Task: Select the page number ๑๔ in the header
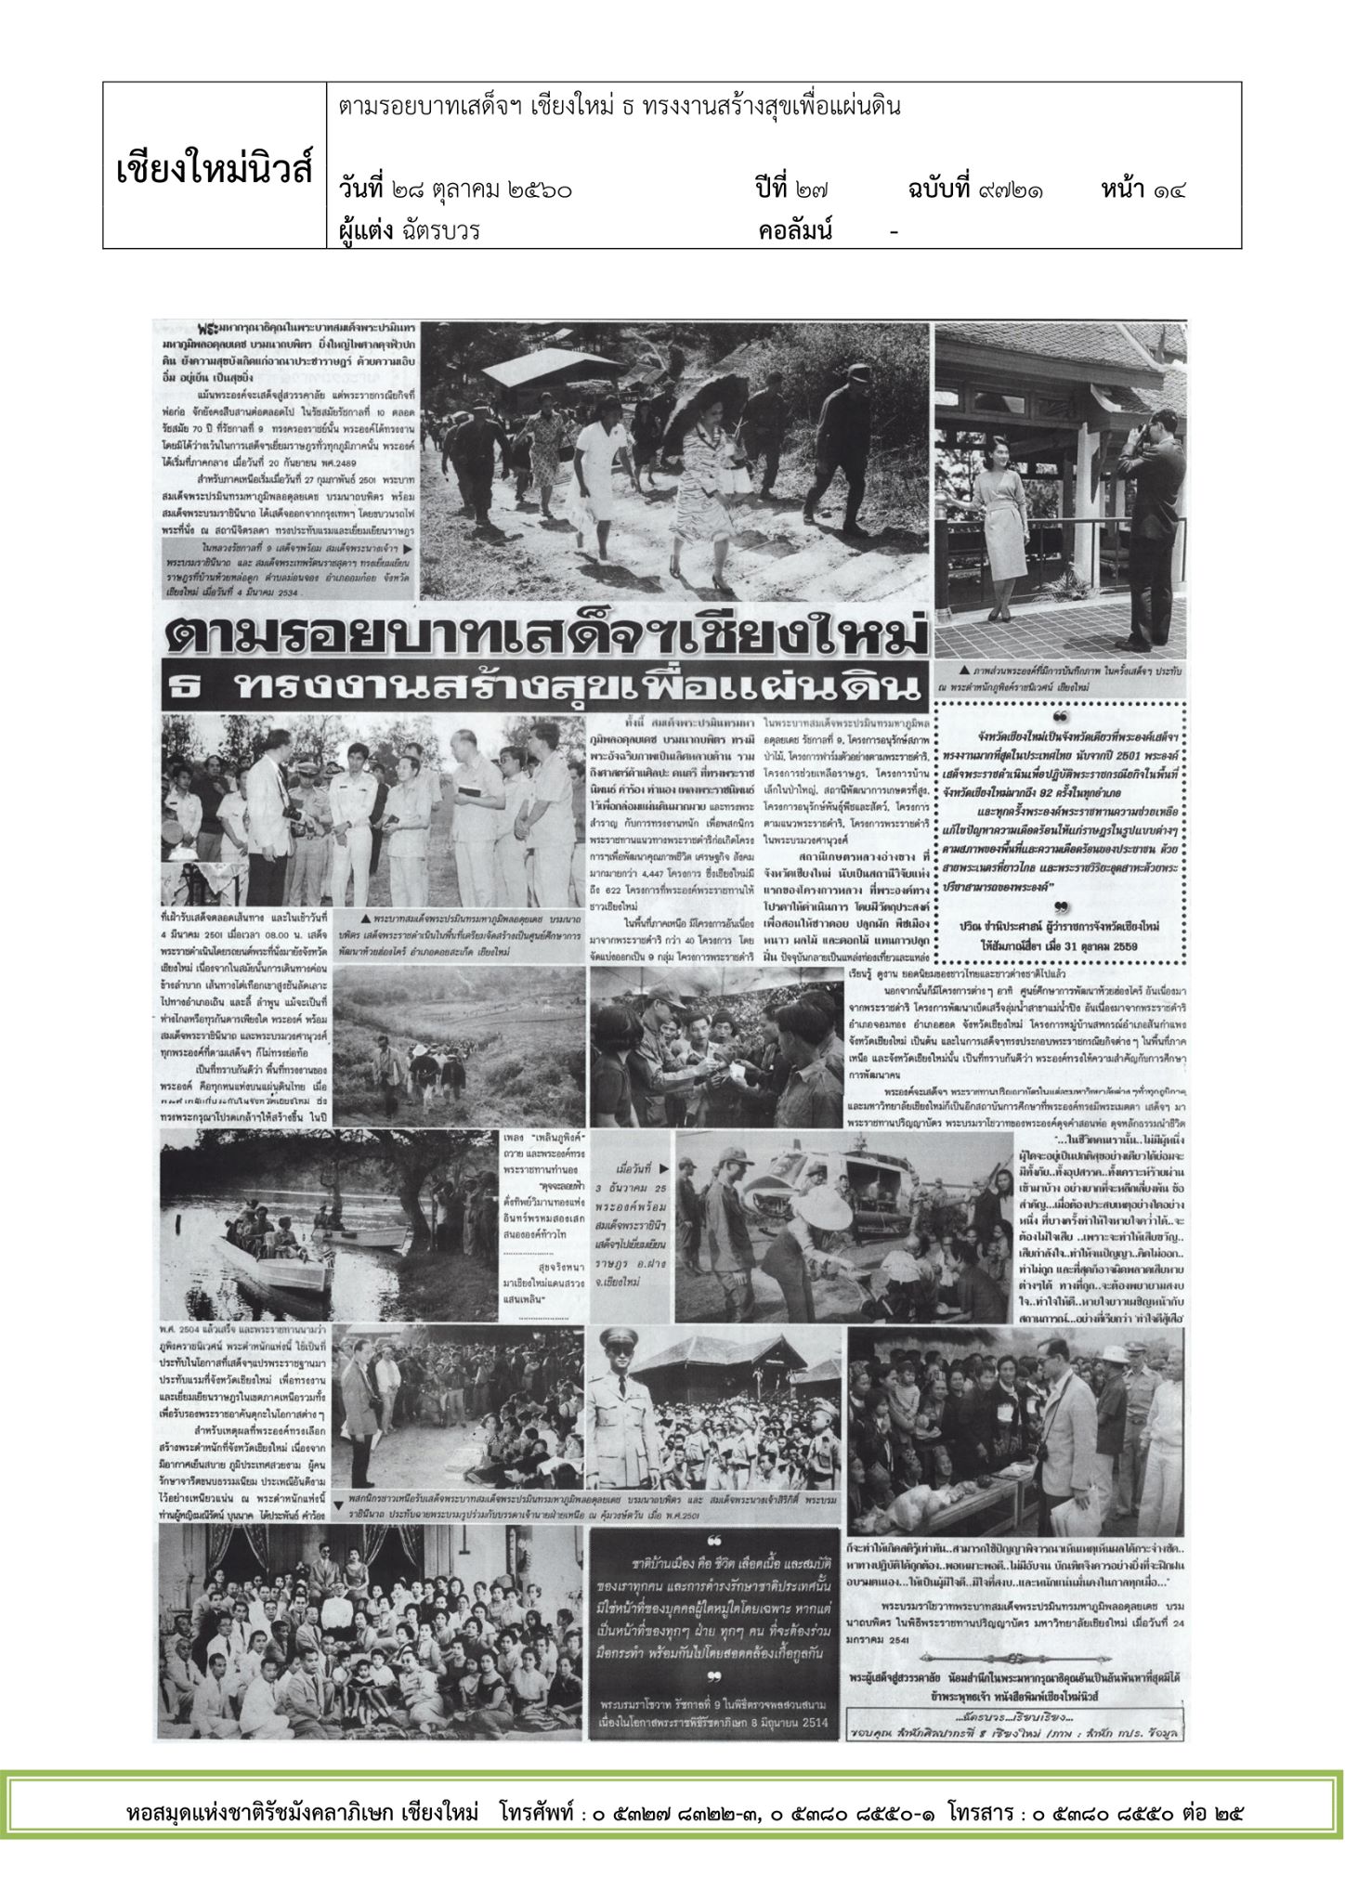pyautogui.click(x=1172, y=190)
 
